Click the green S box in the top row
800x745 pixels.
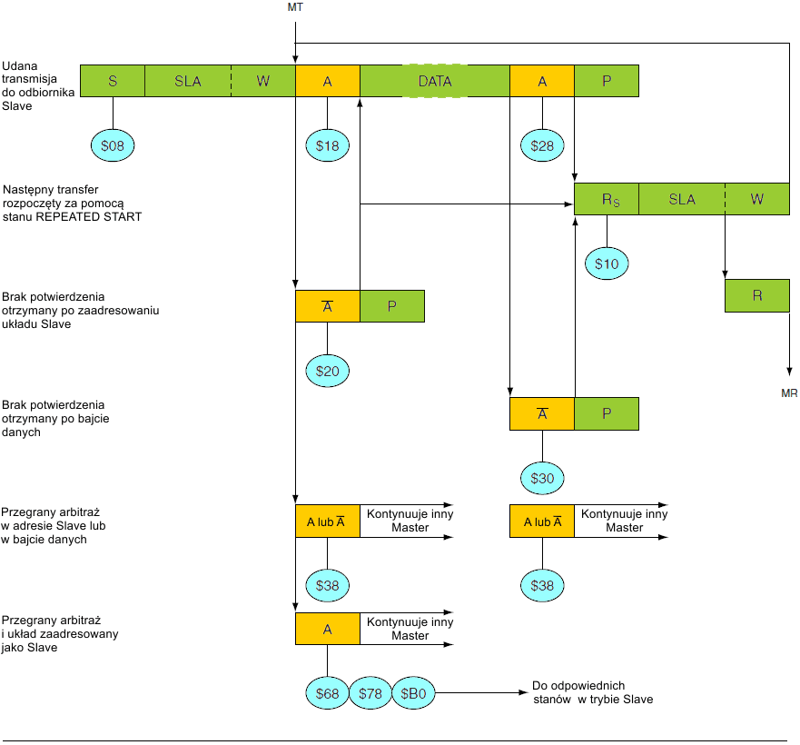(113, 81)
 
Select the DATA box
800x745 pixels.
(434, 81)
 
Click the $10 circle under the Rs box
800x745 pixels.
(607, 263)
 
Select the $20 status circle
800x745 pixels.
(327, 371)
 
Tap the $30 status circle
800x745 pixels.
(542, 478)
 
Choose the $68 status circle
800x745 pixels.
(327, 693)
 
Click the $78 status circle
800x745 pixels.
(370, 693)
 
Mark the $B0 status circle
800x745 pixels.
(413, 693)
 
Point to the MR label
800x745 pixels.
(789, 392)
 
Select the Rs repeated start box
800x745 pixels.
(607, 199)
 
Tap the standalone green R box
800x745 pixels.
(756, 296)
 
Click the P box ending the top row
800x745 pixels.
(607, 81)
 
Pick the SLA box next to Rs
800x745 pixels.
(681, 199)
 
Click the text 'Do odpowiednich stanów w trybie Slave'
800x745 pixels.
(591, 692)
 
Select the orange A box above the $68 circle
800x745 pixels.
(327, 628)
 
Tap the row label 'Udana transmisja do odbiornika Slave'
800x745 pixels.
(30, 86)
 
